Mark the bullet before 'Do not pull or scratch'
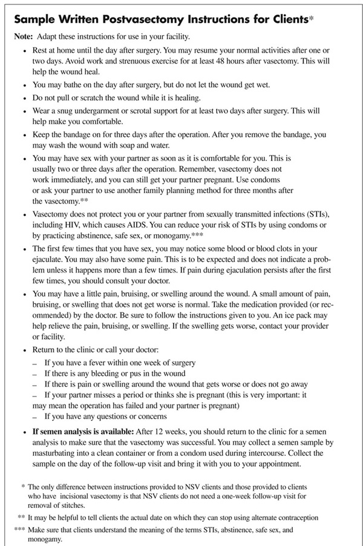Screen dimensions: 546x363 [24, 97]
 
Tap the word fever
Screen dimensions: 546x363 [100, 363]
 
